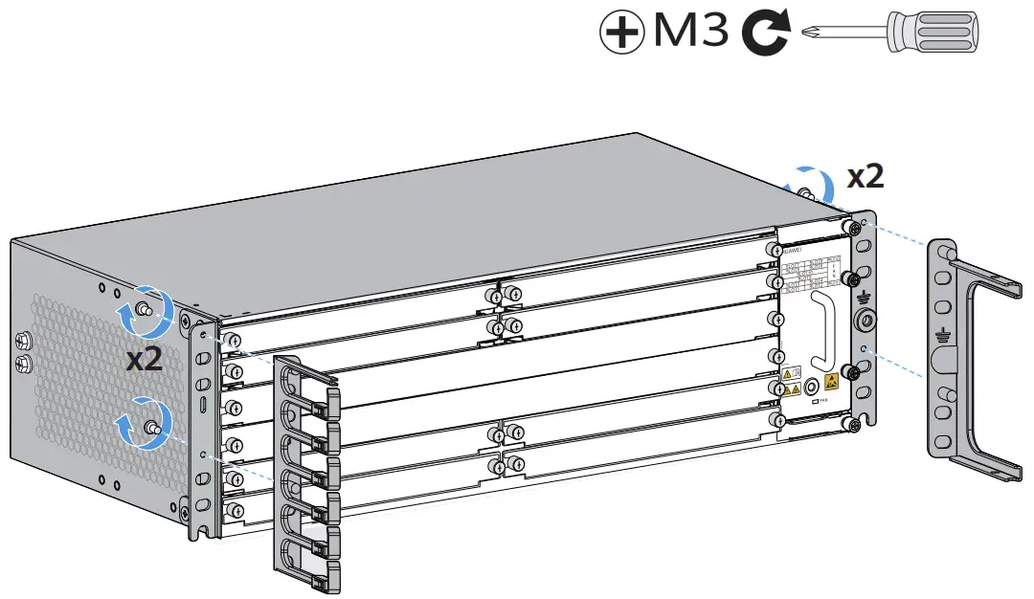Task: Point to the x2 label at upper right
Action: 865,176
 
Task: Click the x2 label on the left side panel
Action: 146,359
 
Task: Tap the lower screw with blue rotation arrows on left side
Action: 150,428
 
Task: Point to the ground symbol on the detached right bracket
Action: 942,334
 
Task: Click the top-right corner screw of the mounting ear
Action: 851,228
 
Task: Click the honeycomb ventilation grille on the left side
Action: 86,383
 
